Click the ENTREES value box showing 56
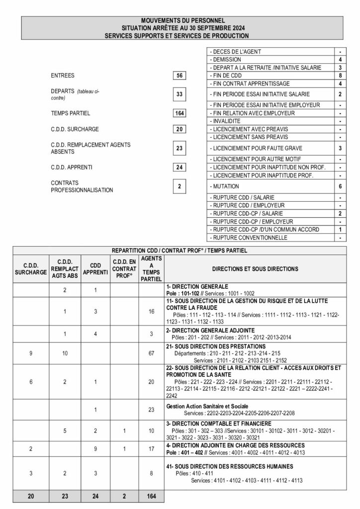point(180,76)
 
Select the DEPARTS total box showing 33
point(180,94)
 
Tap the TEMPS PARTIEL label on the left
point(70,113)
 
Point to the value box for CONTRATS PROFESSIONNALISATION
point(180,186)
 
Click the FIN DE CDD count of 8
point(340,76)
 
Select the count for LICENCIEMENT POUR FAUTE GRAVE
point(340,148)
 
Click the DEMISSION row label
point(227,60)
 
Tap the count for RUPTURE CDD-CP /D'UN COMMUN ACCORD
point(340,230)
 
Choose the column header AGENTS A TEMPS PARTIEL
point(151,269)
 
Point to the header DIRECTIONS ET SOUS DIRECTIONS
point(255,269)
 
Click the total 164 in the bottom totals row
point(151,496)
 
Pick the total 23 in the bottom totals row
point(63,496)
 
